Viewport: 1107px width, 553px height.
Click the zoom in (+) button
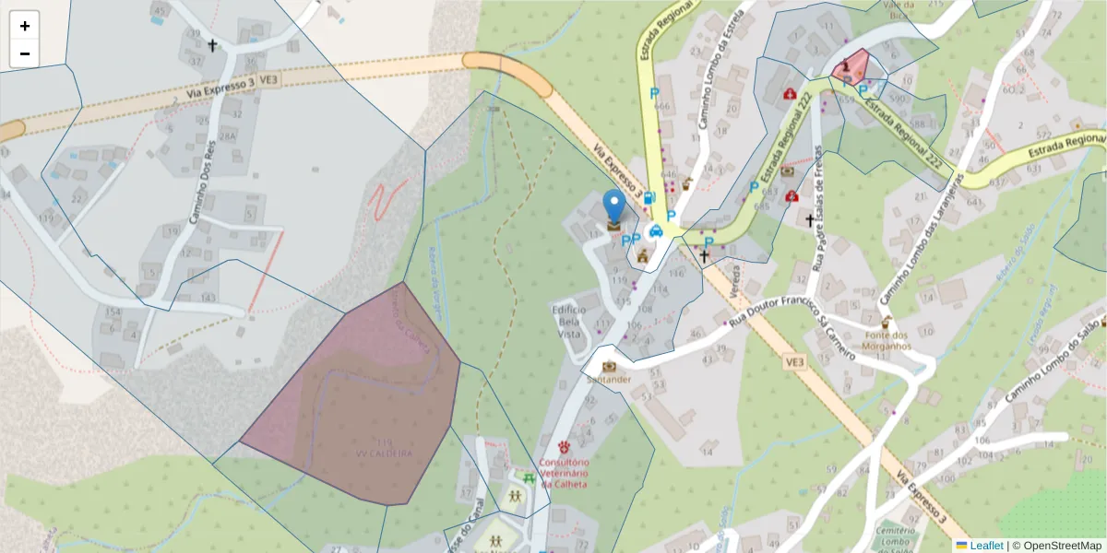[25, 26]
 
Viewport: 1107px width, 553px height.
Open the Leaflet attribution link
[986, 546]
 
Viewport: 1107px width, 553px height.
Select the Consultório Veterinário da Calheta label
[564, 474]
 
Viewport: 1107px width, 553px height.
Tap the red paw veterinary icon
[564, 447]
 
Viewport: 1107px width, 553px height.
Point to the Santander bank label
[608, 379]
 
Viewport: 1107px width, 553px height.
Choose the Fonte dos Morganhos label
[887, 340]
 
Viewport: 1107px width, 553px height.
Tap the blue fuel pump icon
[649, 197]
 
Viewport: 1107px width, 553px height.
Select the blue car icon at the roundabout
[656, 231]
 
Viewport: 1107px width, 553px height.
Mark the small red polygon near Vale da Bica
[851, 65]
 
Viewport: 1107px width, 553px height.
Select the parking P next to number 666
[654, 93]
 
